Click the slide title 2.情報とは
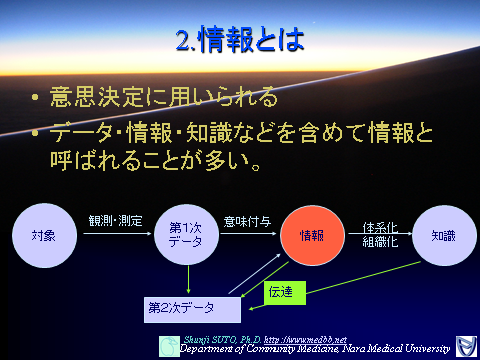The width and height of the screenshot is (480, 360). pyautogui.click(x=239, y=42)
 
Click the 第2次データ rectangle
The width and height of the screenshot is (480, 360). pyautogui.click(x=191, y=306)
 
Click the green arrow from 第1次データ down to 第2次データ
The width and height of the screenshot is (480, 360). pyautogui.click(x=188, y=280)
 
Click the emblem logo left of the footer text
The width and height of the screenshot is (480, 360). pyautogui.click(x=169, y=345)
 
